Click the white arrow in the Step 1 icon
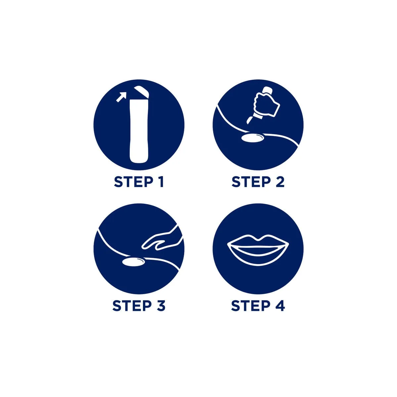pos(121,97)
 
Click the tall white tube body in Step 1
pos(139,131)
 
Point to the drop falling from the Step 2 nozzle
pos(249,120)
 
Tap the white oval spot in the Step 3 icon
pos(134,262)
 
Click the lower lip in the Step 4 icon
pos(258,257)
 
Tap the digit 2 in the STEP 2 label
pos(280,182)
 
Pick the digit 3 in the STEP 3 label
pos(161,306)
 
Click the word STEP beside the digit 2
pos(251,182)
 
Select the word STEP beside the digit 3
pos(132,306)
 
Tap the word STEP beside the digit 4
pos(250,306)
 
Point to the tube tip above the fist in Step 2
pos(266,90)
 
